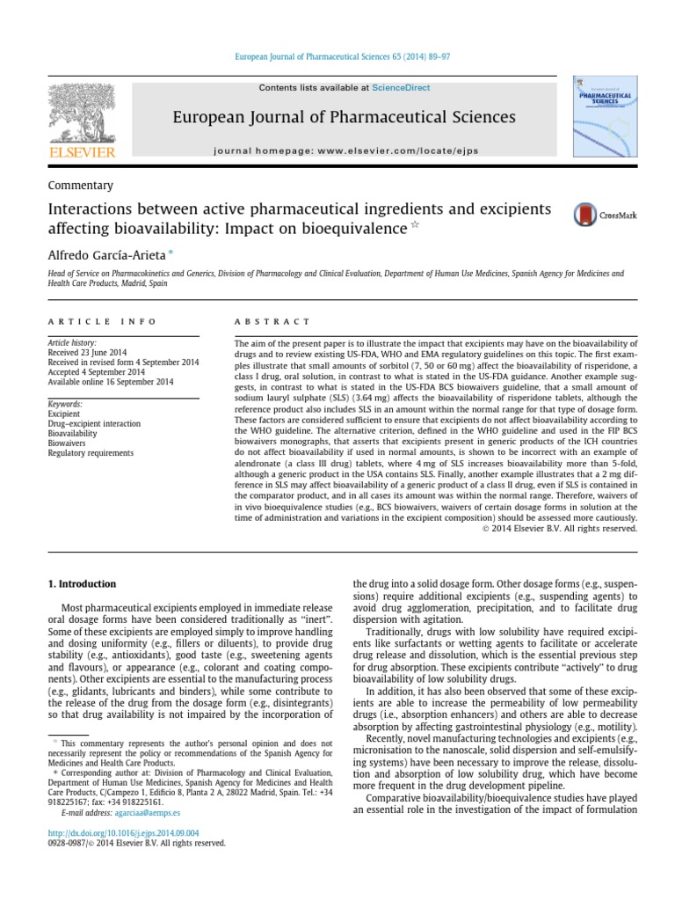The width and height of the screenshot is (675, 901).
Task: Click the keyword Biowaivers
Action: [x=67, y=443]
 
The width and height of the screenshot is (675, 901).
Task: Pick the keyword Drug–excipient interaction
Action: [x=94, y=423]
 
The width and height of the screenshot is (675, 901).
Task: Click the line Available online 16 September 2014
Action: [x=110, y=382]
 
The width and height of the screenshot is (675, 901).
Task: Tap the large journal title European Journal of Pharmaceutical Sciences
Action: [x=345, y=117]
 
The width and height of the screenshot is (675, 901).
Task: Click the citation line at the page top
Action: [x=337, y=56]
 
